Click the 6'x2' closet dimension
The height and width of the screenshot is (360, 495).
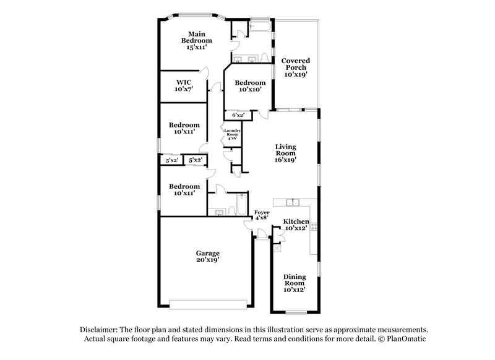(238, 115)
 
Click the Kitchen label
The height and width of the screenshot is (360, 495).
(296, 221)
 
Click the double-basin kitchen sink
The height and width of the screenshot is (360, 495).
(293, 202)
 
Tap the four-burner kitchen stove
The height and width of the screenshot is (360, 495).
(314, 228)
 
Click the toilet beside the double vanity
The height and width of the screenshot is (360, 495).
(264, 58)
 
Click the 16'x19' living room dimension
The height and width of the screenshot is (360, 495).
(286, 160)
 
